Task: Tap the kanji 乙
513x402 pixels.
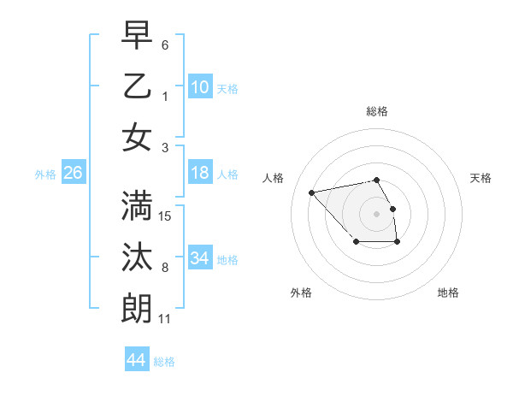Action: coord(137,86)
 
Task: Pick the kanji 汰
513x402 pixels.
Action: coord(137,257)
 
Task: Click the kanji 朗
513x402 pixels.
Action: coord(137,309)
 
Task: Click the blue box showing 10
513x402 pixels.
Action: coord(200,87)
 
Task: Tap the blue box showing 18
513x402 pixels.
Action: coord(200,174)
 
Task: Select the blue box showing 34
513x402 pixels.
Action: coord(200,258)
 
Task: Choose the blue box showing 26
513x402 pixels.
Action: coord(73,174)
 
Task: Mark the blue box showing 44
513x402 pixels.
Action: coord(136,360)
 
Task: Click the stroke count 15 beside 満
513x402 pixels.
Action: coord(166,216)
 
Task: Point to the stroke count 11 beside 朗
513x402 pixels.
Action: coord(165,319)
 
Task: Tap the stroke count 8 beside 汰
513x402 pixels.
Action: coord(165,268)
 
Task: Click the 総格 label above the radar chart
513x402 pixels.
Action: coord(376,111)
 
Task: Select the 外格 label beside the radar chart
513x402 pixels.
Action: coord(301,293)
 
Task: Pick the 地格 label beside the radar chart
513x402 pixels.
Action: coord(448,293)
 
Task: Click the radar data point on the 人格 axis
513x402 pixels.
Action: coord(312,192)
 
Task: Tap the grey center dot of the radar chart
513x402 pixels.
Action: coord(376,213)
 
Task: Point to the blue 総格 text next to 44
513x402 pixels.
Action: coord(164,362)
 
